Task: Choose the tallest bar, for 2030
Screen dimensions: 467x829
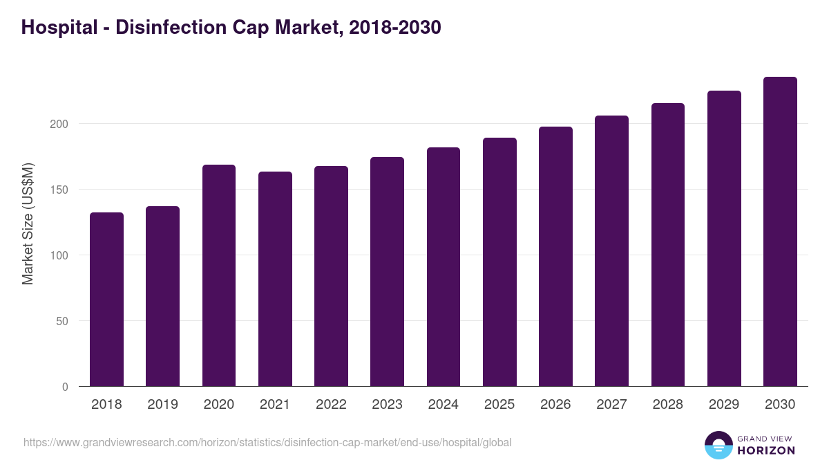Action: (x=780, y=231)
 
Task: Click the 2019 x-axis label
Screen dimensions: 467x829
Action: (x=162, y=405)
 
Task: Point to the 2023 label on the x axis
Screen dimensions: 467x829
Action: (x=387, y=405)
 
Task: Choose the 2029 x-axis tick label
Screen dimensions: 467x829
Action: (x=724, y=405)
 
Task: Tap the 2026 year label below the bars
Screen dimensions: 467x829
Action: (x=555, y=405)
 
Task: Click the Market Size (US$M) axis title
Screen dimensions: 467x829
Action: (x=28, y=223)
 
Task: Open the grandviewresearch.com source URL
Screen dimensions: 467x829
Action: (x=267, y=442)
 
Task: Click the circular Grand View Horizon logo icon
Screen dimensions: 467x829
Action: (x=718, y=445)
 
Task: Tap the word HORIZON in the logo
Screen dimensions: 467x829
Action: (x=766, y=450)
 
